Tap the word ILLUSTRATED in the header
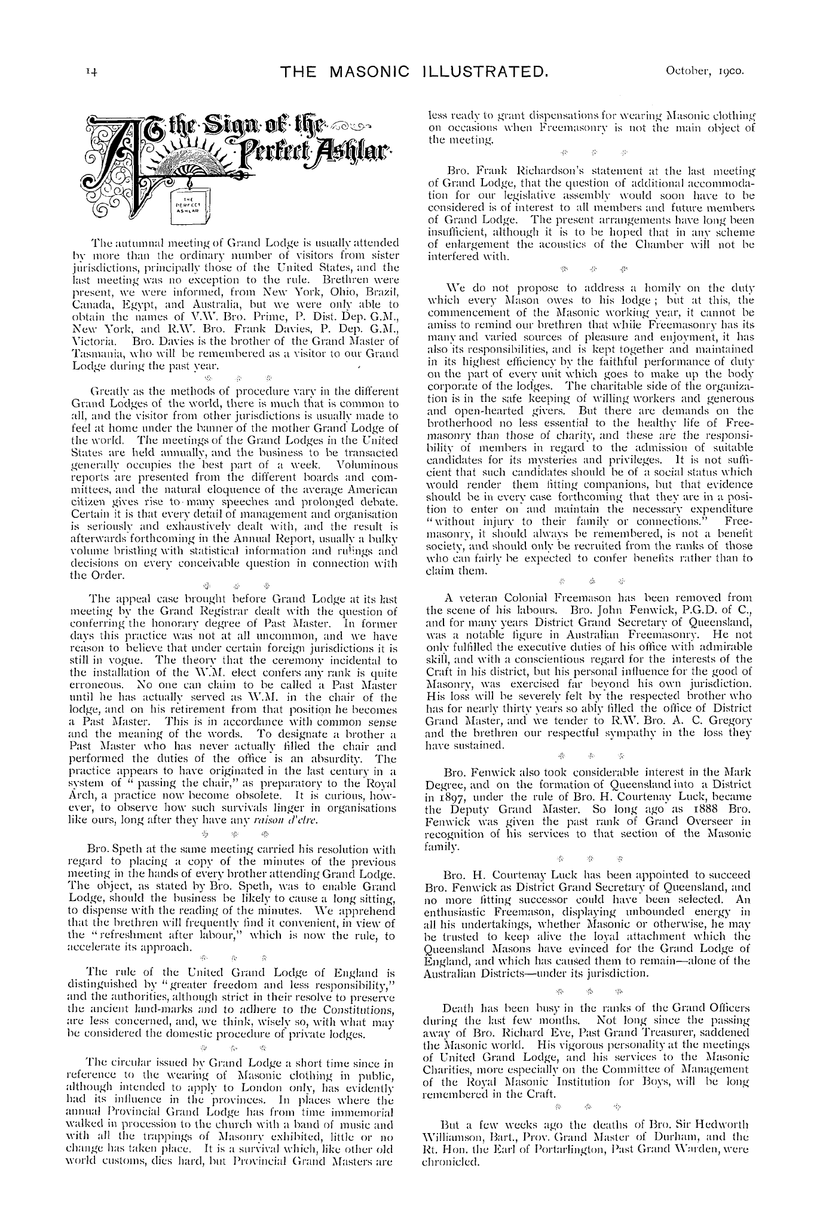(479, 73)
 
